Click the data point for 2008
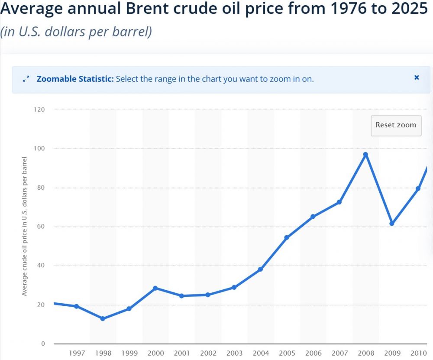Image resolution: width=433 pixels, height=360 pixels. [x=365, y=155]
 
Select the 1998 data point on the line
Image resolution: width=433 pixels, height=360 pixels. [x=103, y=318]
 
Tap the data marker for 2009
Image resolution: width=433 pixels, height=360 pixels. [x=392, y=224]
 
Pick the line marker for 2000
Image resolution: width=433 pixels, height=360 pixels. [x=155, y=288]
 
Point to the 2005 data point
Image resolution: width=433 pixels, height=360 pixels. [x=287, y=237]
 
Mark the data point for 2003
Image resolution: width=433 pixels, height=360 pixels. [x=234, y=287]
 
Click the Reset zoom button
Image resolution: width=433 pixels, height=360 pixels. [x=396, y=125]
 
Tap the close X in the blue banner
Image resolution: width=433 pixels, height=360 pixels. [x=417, y=78]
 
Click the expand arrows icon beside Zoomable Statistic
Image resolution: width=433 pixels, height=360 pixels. [x=26, y=79]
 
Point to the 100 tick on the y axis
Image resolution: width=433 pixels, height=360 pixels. [x=39, y=149]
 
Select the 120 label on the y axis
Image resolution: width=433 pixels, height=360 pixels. [x=39, y=110]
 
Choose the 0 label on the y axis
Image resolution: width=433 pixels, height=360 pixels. [x=43, y=344]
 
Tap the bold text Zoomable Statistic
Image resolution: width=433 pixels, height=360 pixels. [x=75, y=79]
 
